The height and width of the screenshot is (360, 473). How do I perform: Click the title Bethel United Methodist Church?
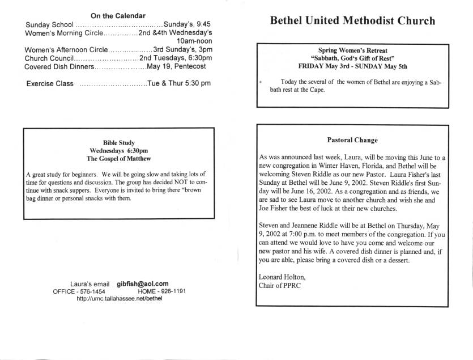[x=352, y=22]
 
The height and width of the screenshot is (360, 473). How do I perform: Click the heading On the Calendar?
[x=118, y=15]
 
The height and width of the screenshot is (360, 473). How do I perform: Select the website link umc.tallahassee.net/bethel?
[x=119, y=298]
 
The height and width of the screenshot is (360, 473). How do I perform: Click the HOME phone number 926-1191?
[x=171, y=291]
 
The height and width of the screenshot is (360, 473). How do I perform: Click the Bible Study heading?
[x=118, y=142]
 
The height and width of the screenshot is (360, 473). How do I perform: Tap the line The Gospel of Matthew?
[x=118, y=159]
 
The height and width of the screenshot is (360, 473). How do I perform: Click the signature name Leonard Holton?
[x=282, y=277]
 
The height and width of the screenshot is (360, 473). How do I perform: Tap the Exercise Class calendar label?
[x=50, y=84]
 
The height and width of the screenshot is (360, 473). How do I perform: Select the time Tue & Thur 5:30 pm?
[x=178, y=83]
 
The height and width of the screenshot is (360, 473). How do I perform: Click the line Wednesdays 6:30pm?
[x=118, y=151]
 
